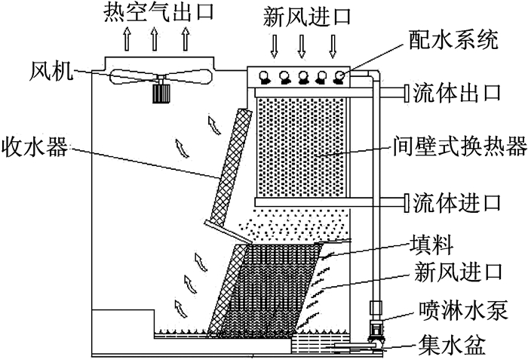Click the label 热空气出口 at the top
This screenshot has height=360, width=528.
(x=158, y=12)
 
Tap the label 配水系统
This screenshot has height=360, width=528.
(x=453, y=41)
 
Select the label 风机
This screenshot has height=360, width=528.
(x=51, y=72)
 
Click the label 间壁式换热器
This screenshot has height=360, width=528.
(x=460, y=146)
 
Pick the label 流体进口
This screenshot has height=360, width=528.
(x=457, y=202)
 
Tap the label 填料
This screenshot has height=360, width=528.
(x=431, y=246)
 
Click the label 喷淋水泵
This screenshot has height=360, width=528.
(x=462, y=310)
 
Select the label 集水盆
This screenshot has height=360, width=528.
(x=451, y=345)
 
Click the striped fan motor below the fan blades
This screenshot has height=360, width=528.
(x=160, y=94)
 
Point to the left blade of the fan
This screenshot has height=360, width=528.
(x=133, y=77)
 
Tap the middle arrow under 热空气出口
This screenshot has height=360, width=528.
(x=154, y=38)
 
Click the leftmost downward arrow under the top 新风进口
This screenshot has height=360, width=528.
(x=274, y=46)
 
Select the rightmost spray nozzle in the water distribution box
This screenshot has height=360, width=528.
(x=339, y=77)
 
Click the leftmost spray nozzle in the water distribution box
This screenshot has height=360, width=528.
(x=264, y=77)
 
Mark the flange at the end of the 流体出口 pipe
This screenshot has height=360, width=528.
(x=407, y=93)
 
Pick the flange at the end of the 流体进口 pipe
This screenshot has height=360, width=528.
(x=407, y=202)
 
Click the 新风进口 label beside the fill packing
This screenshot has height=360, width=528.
(x=459, y=272)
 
